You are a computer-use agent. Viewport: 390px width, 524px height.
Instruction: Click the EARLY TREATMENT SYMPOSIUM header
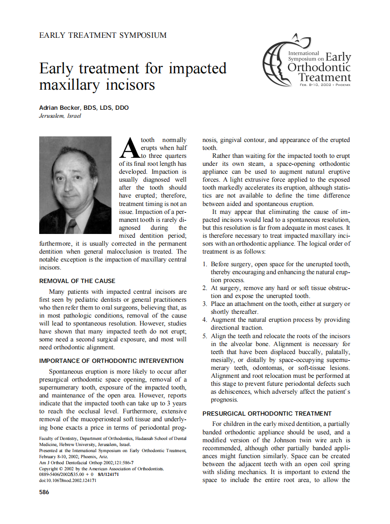pyautogui.click(x=103, y=35)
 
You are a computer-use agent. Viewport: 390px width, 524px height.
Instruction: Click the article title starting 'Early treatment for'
pyautogui.click(x=132, y=77)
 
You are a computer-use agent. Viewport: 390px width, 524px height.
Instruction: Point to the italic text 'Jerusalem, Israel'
pyautogui.click(x=60, y=116)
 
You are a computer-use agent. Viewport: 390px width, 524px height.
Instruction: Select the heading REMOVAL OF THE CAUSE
pyautogui.click(x=77, y=281)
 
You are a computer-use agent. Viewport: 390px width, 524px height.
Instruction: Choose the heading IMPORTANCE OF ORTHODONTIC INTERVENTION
pyautogui.click(x=111, y=361)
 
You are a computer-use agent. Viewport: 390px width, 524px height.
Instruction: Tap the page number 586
pyautogui.click(x=44, y=492)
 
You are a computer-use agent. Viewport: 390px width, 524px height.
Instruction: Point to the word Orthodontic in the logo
pyautogui.click(x=319, y=68)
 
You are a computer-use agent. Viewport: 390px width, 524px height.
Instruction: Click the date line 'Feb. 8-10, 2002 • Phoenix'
pyautogui.click(x=325, y=85)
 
